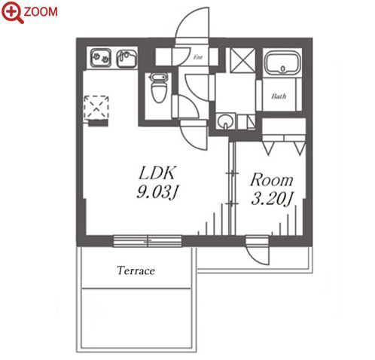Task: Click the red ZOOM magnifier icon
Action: coord(12,12)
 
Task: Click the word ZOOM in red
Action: coord(41,12)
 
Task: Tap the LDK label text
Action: coord(157,173)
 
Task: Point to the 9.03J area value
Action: coord(157,193)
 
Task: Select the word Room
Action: coord(272,180)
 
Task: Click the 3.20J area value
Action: coord(273,199)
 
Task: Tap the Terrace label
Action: coord(136,270)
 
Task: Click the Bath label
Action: coord(279,96)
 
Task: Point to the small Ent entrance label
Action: coord(198,57)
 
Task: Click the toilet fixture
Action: coord(159,88)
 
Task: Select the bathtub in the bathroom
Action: coord(283,63)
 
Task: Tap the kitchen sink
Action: coord(127,59)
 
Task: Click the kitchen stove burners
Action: coord(101,58)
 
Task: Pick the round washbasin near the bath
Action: coord(225,121)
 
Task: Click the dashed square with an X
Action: coord(96,107)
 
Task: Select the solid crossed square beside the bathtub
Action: coord(242,60)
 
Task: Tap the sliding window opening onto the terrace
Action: coord(148,241)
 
